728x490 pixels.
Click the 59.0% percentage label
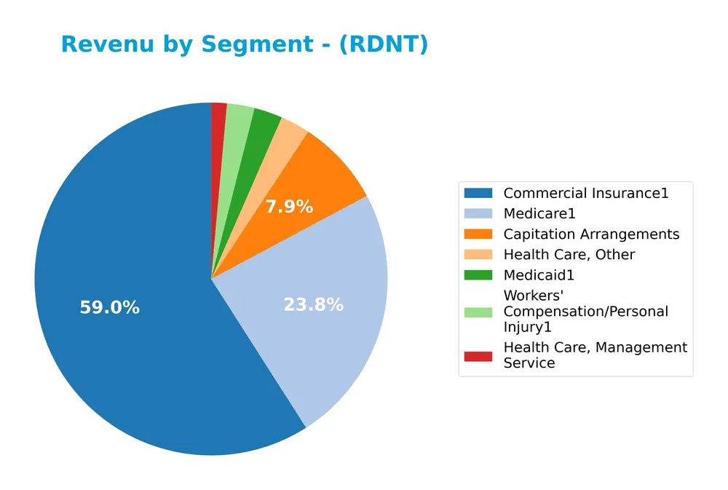click(x=109, y=308)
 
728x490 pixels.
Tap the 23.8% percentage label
click(x=313, y=305)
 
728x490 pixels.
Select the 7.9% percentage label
click(x=288, y=207)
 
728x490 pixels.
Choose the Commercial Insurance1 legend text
click(x=585, y=193)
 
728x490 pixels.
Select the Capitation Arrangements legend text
click(x=591, y=234)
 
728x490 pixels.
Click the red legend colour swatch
click(x=478, y=355)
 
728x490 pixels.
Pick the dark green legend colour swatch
click(x=478, y=275)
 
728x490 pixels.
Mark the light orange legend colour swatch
click(x=478, y=255)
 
